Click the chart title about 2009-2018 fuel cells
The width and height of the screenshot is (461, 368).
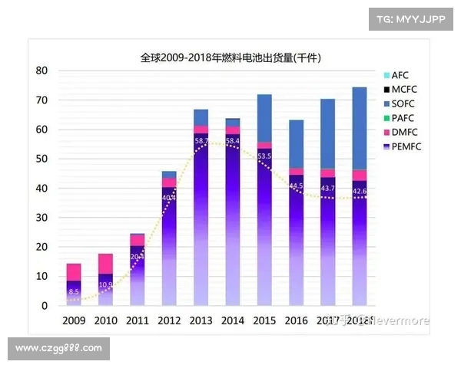(230, 58)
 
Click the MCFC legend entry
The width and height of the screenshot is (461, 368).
(403, 90)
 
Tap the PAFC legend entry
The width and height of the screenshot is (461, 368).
(403, 118)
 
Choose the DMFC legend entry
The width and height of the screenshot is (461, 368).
(403, 132)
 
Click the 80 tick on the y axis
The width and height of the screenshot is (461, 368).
(42, 71)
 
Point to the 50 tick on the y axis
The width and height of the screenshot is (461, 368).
(42, 159)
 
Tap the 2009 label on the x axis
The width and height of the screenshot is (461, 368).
(74, 320)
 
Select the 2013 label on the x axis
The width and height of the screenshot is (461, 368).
(201, 320)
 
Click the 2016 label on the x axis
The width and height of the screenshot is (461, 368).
(296, 320)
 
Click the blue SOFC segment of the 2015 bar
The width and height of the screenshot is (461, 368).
(264, 118)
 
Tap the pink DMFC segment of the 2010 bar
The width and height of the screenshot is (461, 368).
(105, 264)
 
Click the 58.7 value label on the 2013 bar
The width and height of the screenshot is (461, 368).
(201, 142)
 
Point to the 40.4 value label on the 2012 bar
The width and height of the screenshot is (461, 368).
(169, 197)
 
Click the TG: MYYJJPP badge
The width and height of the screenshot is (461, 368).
(410, 18)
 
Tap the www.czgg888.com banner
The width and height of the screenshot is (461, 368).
(58, 349)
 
